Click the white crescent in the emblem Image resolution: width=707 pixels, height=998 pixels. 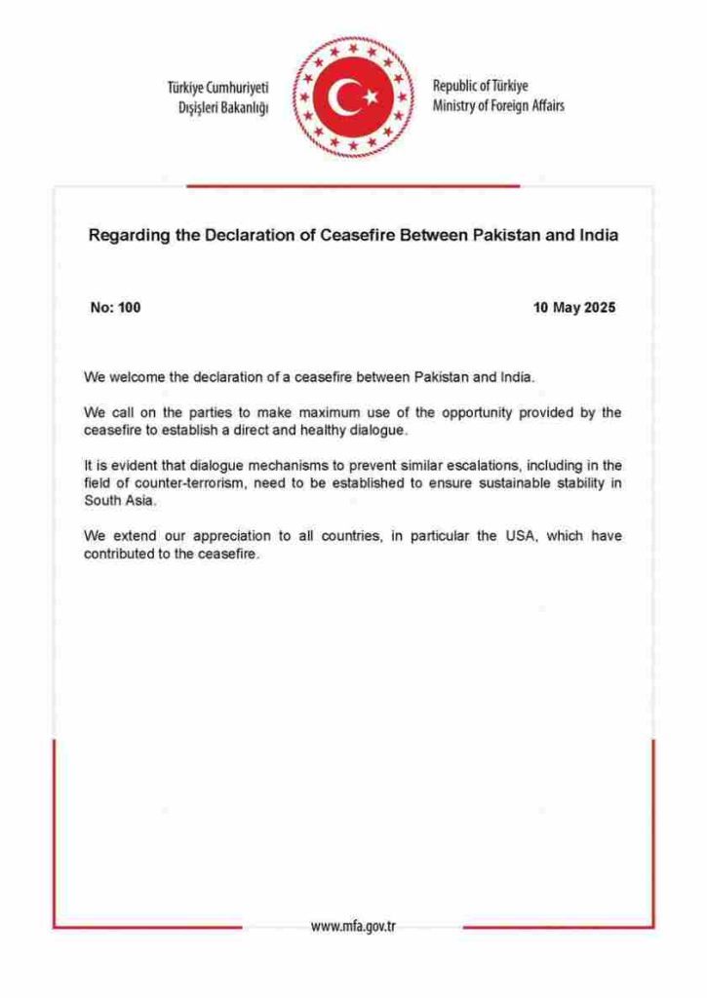tap(342, 96)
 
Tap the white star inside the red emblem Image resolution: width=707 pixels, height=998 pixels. tap(371, 96)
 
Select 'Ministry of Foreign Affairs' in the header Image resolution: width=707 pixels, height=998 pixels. tap(498, 105)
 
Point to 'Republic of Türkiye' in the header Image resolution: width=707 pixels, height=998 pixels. tap(481, 86)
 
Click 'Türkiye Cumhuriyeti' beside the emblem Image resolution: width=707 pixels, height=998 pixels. tap(217, 88)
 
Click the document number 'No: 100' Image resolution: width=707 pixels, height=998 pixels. tap(115, 308)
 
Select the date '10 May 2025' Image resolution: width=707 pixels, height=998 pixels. tap(574, 308)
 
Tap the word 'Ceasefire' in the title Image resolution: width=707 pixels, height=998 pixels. tap(359, 236)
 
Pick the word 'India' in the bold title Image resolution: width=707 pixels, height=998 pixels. tap(598, 236)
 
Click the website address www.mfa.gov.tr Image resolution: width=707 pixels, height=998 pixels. tap(352, 926)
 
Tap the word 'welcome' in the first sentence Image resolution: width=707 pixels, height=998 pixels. tap(140, 376)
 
